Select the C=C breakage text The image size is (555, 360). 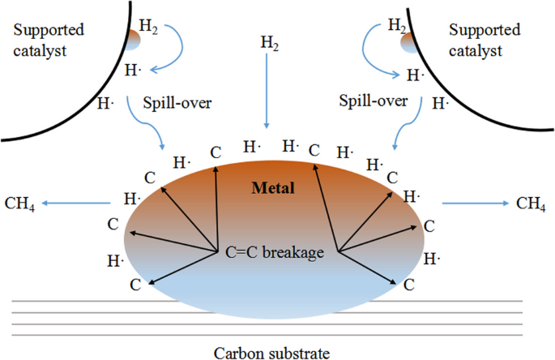tap(275, 252)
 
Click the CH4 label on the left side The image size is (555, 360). tap(19, 202)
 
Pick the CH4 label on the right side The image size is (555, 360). tap(531, 202)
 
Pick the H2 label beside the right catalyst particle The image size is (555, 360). tap(396, 26)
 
